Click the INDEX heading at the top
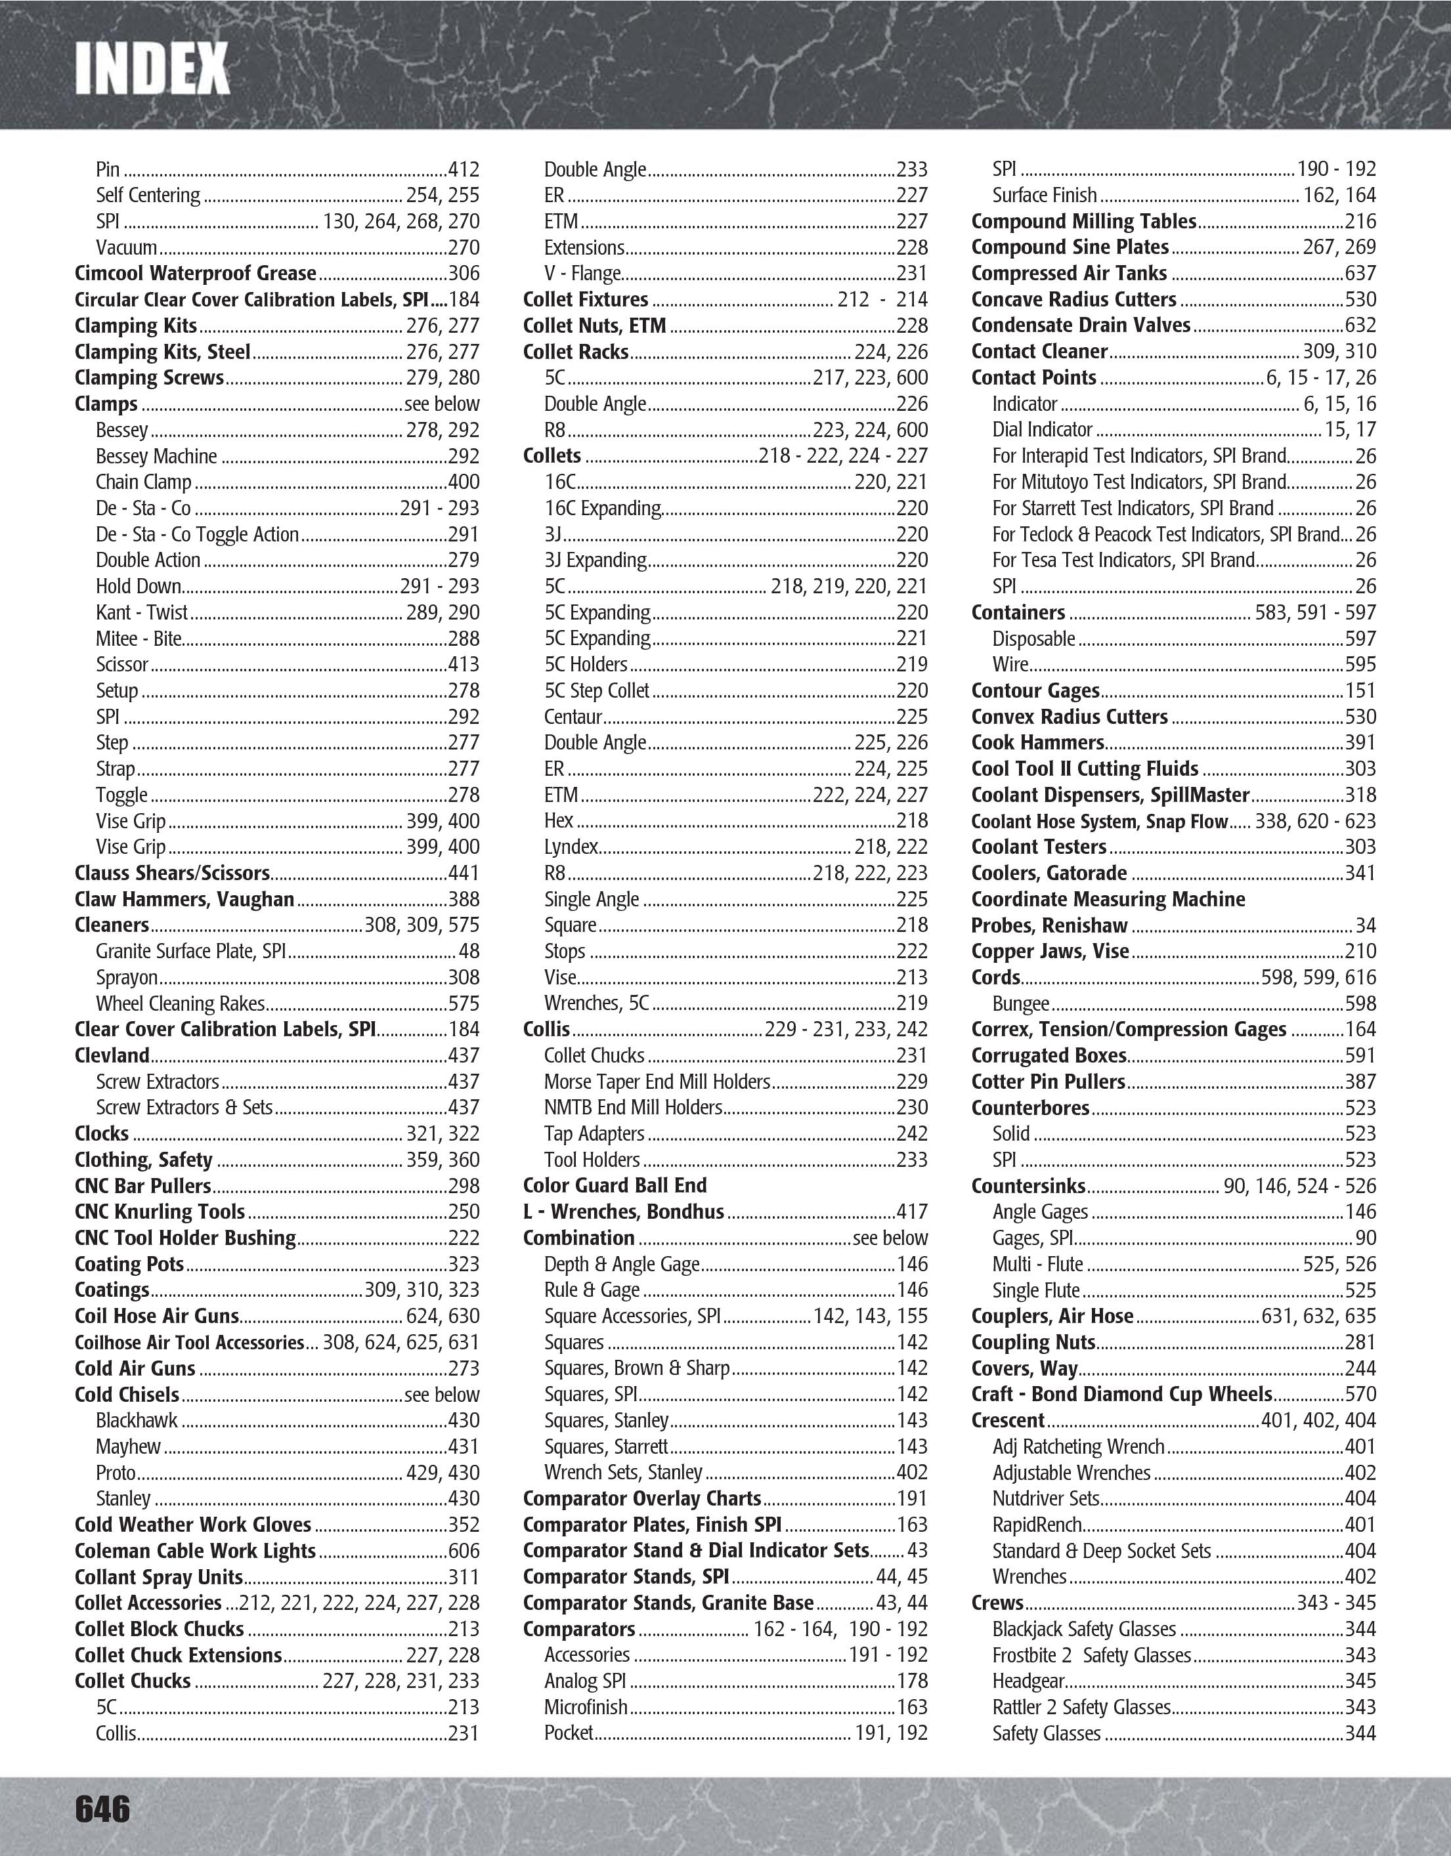tap(152, 69)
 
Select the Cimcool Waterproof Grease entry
tap(196, 274)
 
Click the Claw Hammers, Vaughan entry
tap(184, 899)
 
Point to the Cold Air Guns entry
tap(135, 1368)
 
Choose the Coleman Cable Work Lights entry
tap(194, 1551)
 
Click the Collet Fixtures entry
tap(586, 300)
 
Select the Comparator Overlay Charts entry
tap(641, 1498)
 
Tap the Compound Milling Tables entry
tap(1084, 222)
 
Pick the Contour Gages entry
tap(1035, 691)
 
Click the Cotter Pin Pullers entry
tap(1048, 1082)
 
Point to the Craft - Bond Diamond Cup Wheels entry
tap(1122, 1395)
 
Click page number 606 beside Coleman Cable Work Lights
tap(464, 1551)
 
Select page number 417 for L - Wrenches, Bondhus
tap(912, 1212)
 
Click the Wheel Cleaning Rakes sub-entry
tap(180, 1003)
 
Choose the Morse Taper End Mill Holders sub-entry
tap(657, 1082)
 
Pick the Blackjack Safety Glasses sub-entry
tap(1084, 1629)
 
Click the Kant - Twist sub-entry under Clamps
tap(142, 613)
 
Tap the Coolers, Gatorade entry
tap(1049, 874)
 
